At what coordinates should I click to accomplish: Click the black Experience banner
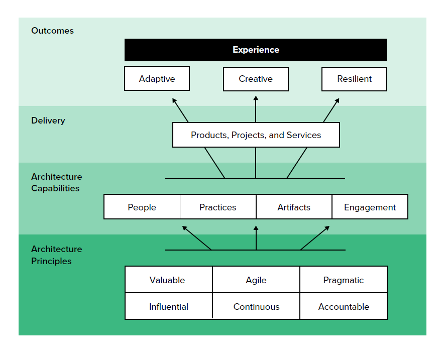point(256,50)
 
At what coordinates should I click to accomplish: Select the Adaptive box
point(157,79)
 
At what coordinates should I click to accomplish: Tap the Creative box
point(256,79)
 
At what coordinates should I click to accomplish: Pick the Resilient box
point(354,79)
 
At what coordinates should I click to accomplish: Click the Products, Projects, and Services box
point(256,135)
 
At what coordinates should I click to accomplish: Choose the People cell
point(142,207)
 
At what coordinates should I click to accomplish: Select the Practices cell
point(217,207)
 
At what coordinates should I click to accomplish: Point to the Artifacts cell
point(294,207)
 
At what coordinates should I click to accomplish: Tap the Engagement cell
point(370,207)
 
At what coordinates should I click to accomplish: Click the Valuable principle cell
point(168,280)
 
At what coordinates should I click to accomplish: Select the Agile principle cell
point(256,280)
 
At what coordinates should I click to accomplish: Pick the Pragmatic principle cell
point(344,280)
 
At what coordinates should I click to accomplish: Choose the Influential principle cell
point(168,307)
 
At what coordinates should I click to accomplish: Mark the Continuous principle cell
point(256,307)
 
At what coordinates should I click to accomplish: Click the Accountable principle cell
point(344,307)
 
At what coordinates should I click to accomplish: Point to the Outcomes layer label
point(52,31)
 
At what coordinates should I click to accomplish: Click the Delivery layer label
point(48,121)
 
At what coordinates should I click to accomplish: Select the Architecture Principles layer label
point(56,255)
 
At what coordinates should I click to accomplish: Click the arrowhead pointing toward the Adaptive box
point(175,101)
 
